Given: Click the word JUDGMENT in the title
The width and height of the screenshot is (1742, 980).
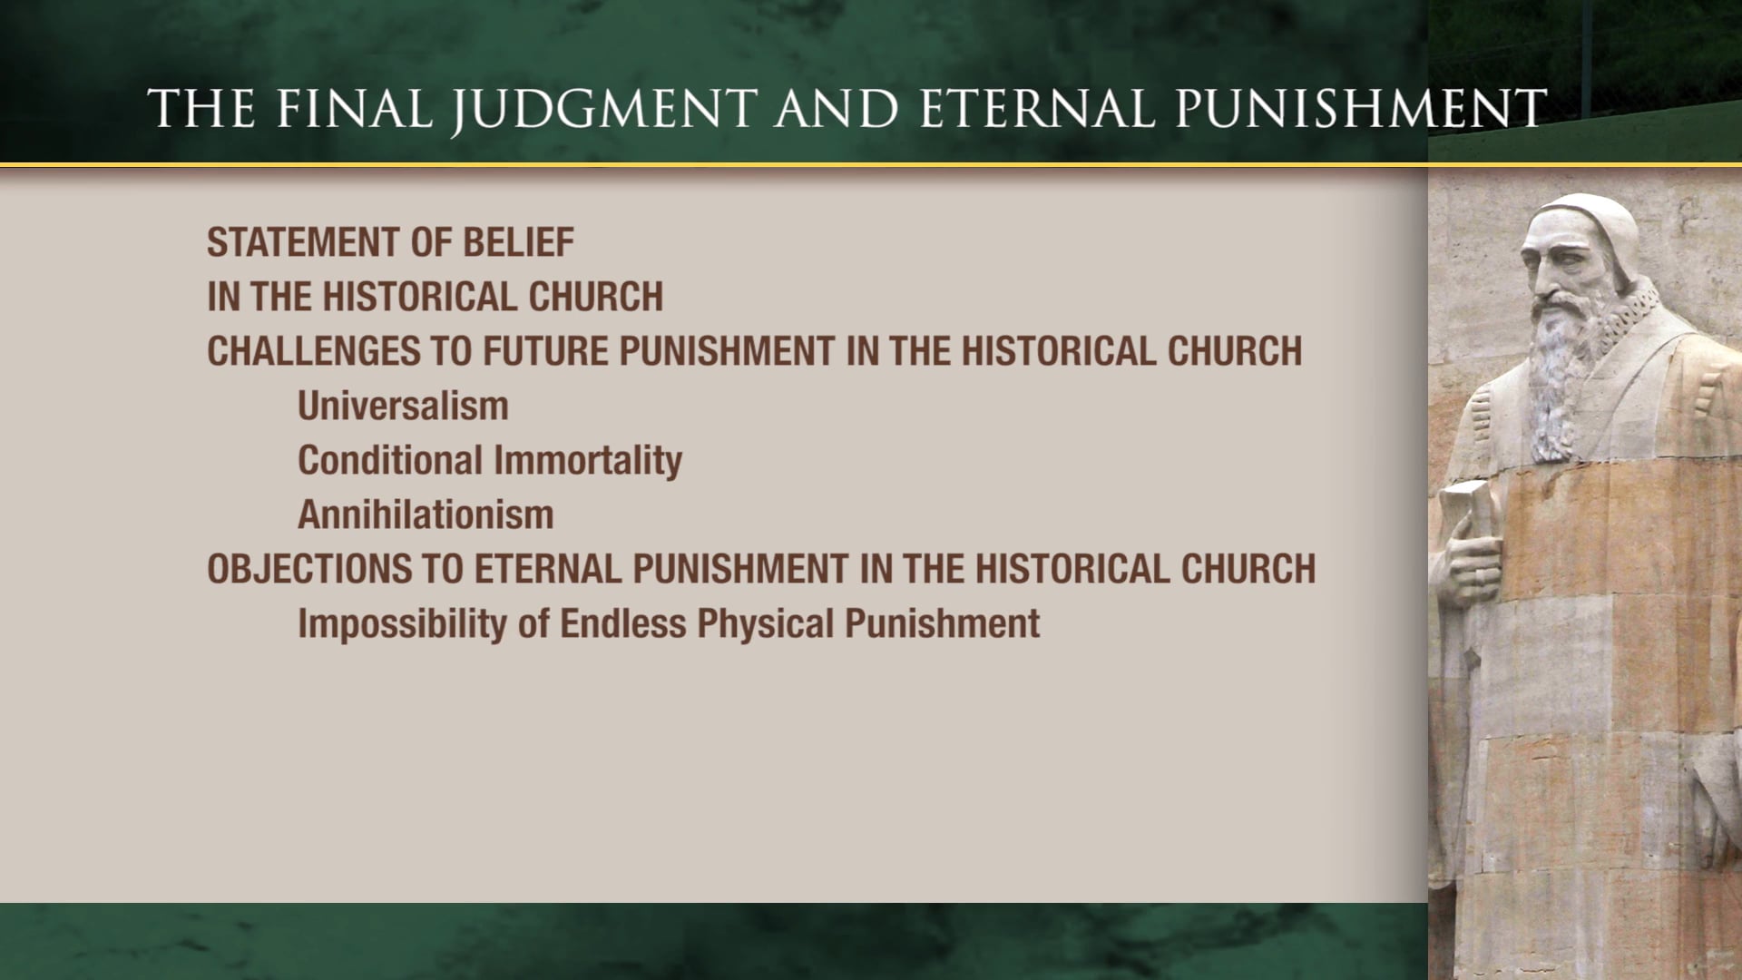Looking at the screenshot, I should pyautogui.click(x=604, y=109).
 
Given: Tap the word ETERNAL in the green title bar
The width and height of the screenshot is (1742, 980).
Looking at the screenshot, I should pyautogui.click(x=1038, y=109).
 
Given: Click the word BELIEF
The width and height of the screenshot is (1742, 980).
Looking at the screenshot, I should pyautogui.click(x=518, y=243).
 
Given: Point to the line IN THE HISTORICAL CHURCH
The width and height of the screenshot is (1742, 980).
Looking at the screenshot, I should pyautogui.click(x=435, y=298).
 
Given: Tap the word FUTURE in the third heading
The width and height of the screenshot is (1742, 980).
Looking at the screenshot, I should pyautogui.click(x=545, y=352).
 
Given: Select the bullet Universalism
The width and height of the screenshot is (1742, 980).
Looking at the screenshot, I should pyautogui.click(x=403, y=407).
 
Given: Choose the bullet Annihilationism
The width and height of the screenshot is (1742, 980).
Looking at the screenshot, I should pyautogui.click(x=426, y=515).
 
